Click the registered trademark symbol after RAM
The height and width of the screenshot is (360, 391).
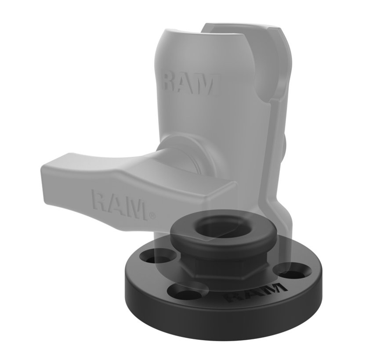click(x=152, y=216)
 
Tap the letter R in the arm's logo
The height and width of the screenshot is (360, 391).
click(x=170, y=83)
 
